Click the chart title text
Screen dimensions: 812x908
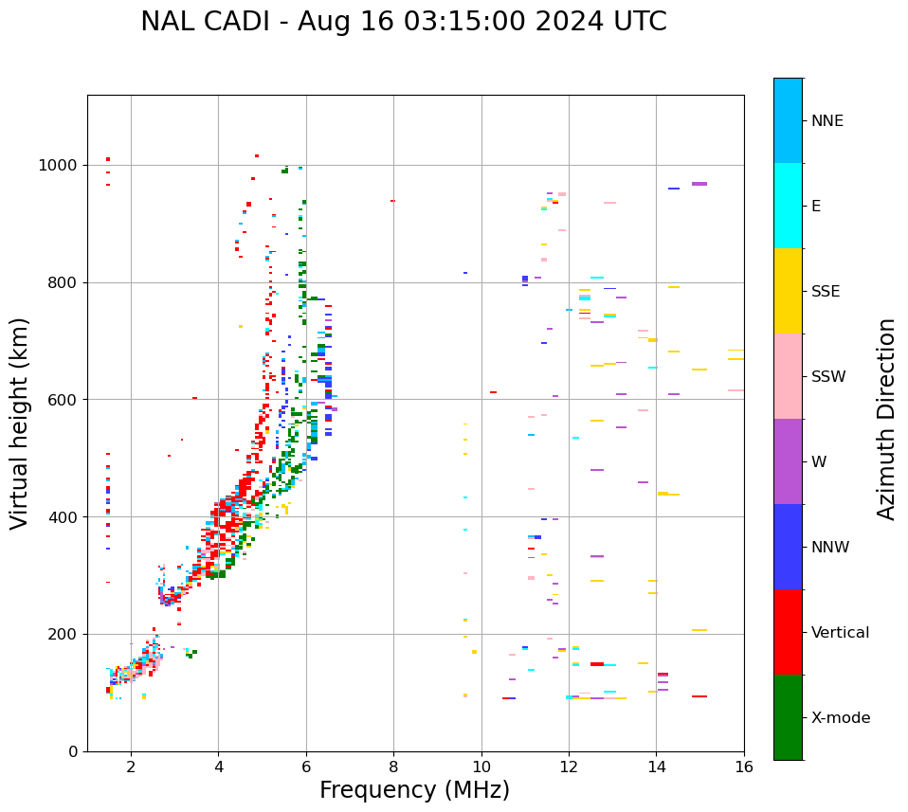(403, 22)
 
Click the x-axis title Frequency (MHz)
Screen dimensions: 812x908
(414, 790)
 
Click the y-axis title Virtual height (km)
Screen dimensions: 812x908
(20, 423)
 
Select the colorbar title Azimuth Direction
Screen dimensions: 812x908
(886, 418)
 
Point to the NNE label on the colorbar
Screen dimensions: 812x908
(827, 121)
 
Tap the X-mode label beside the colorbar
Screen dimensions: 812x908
(841, 718)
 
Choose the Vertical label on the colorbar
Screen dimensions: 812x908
(840, 633)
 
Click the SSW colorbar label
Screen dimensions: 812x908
(828, 377)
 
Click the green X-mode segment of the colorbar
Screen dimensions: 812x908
(788, 717)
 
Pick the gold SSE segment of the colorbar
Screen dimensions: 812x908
(788, 291)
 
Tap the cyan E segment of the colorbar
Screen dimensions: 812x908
(788, 206)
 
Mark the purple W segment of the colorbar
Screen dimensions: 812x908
(788, 461)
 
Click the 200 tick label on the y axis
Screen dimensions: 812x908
(64, 634)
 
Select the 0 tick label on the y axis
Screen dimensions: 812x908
(74, 751)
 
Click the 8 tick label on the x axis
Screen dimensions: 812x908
(393, 766)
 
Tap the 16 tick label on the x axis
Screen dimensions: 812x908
(744, 766)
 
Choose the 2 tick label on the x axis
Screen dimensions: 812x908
(131, 766)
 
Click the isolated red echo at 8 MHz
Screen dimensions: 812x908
(392, 201)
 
